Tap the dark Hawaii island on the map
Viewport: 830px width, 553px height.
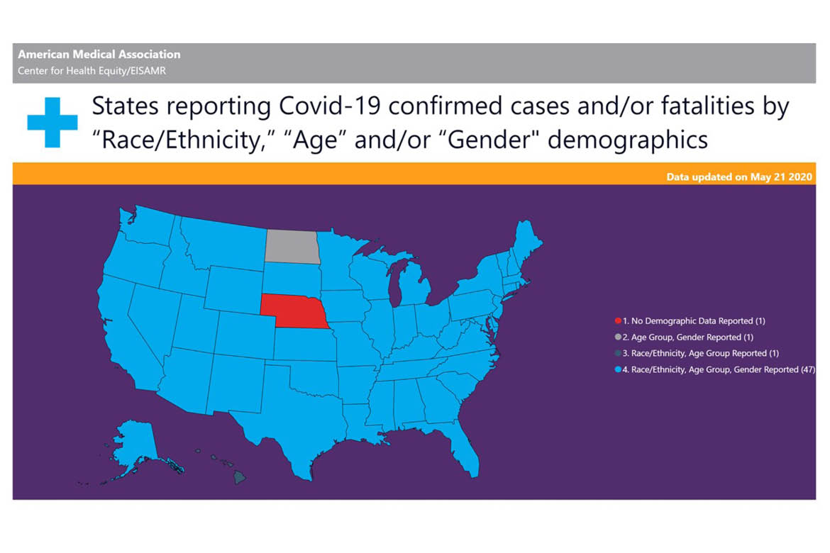click(240, 479)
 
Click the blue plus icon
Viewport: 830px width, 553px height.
click(52, 122)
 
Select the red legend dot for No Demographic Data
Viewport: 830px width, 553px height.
click(618, 321)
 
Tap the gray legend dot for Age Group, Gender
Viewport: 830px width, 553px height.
click(618, 337)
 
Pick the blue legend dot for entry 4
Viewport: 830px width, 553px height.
click(618, 369)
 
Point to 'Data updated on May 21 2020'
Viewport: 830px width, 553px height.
click(739, 177)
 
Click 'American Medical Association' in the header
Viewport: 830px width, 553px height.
click(99, 55)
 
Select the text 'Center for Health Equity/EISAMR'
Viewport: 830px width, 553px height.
click(92, 70)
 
